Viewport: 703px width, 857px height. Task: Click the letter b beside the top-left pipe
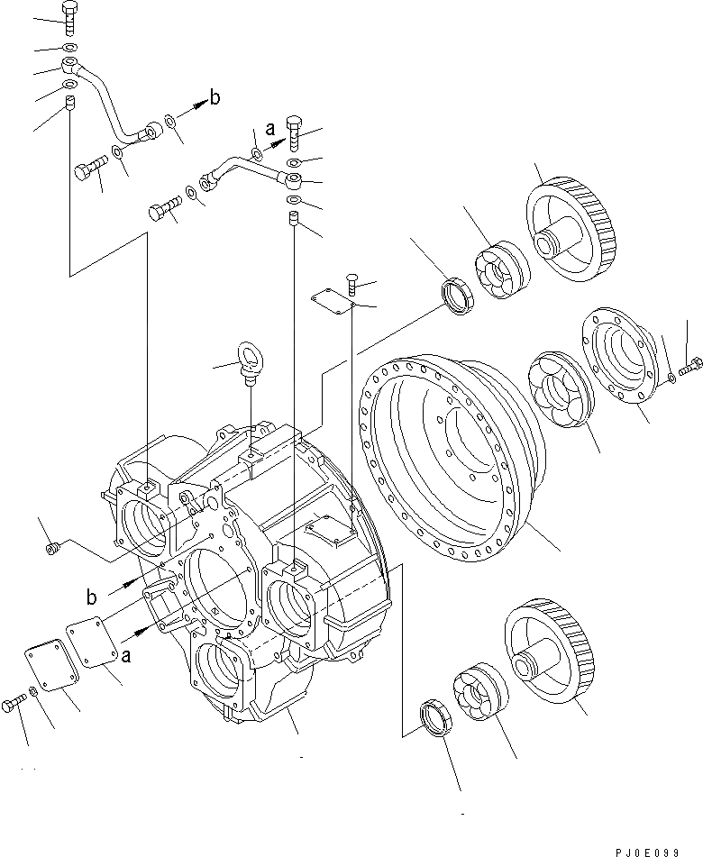215,98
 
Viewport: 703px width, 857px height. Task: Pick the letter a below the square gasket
126,657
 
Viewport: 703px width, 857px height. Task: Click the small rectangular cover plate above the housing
330,301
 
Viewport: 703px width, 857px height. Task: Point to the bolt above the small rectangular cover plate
352,286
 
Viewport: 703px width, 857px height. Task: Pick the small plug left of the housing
52,545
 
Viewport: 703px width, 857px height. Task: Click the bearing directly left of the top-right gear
498,269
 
